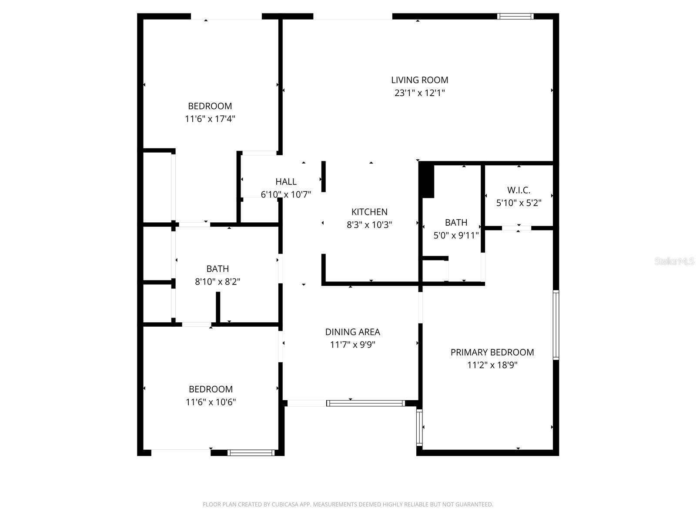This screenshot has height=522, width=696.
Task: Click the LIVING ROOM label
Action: click(419, 80)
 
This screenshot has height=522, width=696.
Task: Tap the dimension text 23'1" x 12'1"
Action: click(419, 93)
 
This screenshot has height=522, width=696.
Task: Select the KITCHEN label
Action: click(369, 212)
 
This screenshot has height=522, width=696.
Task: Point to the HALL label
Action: click(286, 182)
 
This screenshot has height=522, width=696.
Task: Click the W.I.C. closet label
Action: click(519, 190)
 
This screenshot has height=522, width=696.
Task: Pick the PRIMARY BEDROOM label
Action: click(492, 352)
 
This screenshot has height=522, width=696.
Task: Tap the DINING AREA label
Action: click(352, 332)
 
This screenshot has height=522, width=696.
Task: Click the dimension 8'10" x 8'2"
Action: click(217, 281)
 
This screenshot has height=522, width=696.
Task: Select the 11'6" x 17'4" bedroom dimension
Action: click(210, 119)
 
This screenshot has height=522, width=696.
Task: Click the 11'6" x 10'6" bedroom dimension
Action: click(211, 402)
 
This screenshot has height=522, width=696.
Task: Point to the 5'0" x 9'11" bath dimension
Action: click(456, 235)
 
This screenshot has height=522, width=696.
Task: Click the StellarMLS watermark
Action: click(674, 261)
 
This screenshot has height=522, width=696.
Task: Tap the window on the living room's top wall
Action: click(515, 17)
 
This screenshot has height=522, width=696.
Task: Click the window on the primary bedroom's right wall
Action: click(555, 325)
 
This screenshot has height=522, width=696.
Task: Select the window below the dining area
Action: click(365, 403)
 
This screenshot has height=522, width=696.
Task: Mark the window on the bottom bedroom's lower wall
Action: click(251, 453)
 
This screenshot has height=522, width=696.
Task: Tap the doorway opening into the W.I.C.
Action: click(516, 228)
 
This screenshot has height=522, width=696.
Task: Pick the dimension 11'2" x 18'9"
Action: click(492, 365)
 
